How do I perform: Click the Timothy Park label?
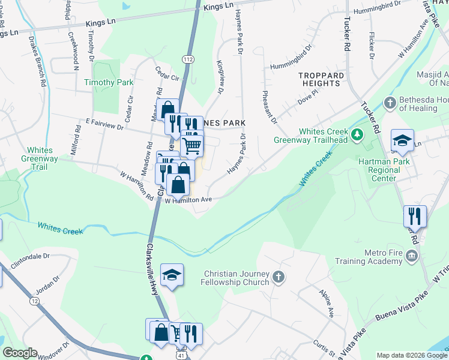[109, 82]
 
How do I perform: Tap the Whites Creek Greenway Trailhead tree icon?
[357, 134]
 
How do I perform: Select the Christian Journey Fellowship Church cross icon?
[277, 277]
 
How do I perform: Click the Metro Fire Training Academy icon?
[412, 257]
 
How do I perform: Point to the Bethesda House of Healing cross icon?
[390, 103]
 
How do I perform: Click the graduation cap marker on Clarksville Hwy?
[172, 275]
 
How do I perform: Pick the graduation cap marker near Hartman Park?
[402, 141]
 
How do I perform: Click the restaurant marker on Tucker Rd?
[415, 215]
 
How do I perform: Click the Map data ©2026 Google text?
[412, 355]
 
